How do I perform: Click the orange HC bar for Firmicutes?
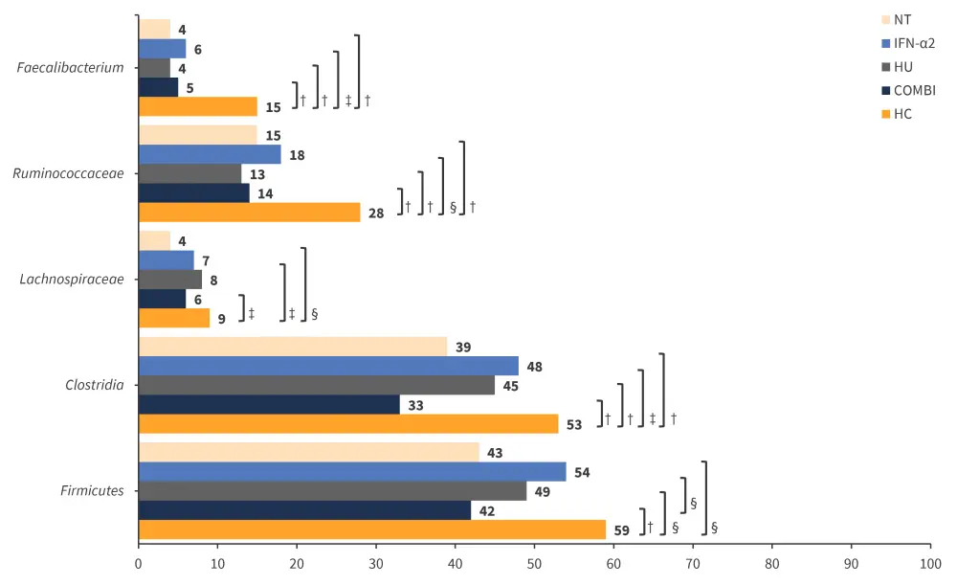[372, 529]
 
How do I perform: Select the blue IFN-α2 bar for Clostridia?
[328, 366]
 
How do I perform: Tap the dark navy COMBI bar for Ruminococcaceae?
[194, 192]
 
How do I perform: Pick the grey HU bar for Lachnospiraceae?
[170, 280]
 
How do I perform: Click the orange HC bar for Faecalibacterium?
[198, 106]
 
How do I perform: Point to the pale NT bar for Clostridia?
[293, 347]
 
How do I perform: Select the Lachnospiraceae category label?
[72, 280]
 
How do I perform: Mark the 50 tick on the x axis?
[534, 566]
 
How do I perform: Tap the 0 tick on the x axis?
[139, 566]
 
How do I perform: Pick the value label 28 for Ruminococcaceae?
[375, 214]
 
